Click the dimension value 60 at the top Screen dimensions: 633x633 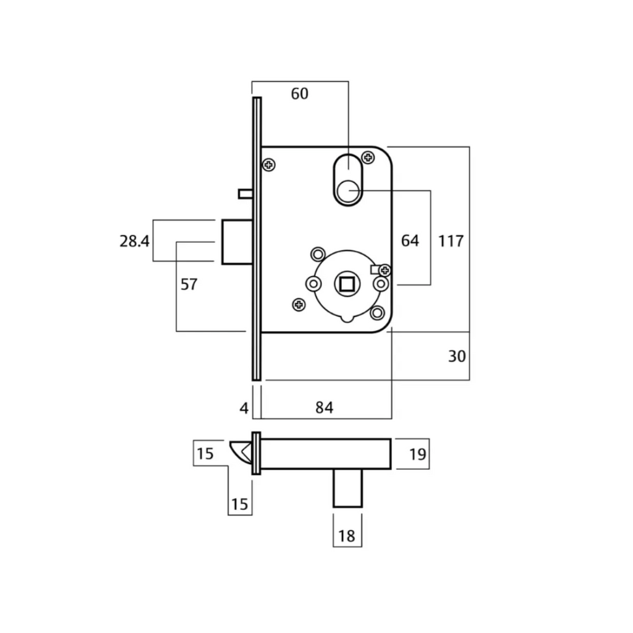point(299,94)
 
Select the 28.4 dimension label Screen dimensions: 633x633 point(134,240)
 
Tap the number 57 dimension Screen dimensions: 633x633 point(189,284)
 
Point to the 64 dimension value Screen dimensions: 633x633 point(410,240)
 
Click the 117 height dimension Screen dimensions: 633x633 point(451,240)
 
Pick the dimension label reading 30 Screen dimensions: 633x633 point(457,356)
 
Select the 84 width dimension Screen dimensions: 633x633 point(325,407)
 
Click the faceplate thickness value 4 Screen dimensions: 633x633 point(244,408)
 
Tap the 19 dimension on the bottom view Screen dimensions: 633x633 point(418,454)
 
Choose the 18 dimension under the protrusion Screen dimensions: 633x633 point(347,535)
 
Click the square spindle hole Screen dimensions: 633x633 point(345,284)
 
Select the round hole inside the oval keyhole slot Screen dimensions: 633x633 point(348,190)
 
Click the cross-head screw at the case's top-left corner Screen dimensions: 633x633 point(269,164)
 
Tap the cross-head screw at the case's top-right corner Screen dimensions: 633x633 point(369,158)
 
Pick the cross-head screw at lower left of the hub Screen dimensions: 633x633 point(299,304)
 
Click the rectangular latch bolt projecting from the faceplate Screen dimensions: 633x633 point(236,241)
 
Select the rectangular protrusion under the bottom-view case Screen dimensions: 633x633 point(347,488)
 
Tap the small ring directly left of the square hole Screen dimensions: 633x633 point(314,284)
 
